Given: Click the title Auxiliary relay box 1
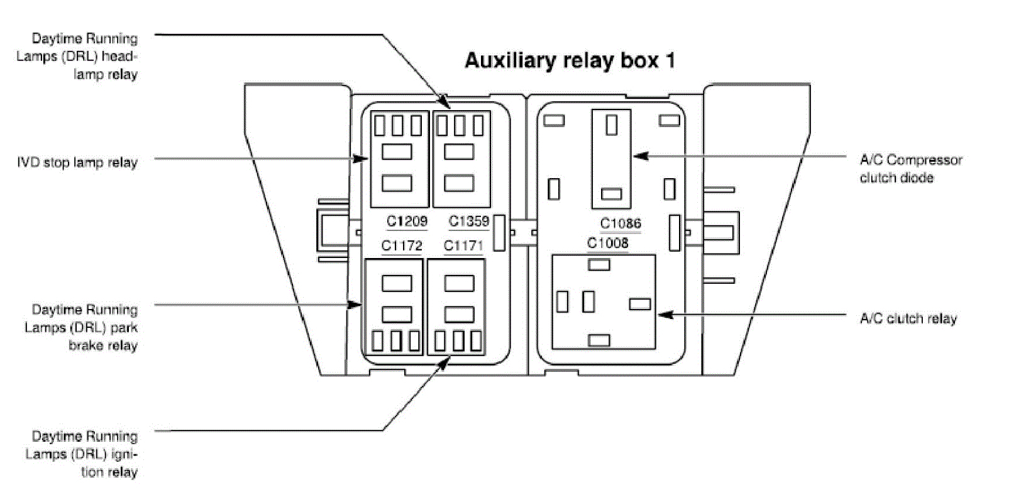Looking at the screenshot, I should pyautogui.click(x=569, y=60).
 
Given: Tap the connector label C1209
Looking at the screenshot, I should pyautogui.click(x=407, y=221).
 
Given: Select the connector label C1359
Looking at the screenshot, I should pyautogui.click(x=468, y=221).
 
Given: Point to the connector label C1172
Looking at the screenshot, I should pyautogui.click(x=402, y=245).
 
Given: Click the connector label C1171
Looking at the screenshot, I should pyautogui.click(x=463, y=245).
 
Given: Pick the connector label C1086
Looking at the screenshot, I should pyautogui.click(x=621, y=223).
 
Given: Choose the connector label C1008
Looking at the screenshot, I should pyautogui.click(x=607, y=243).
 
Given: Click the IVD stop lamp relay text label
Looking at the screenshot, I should pyautogui.click(x=77, y=162).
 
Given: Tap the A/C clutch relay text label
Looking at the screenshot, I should pyautogui.click(x=908, y=318).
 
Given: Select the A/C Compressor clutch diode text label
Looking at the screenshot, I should pyautogui.click(x=910, y=169).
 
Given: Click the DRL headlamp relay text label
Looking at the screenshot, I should pyautogui.click(x=77, y=56).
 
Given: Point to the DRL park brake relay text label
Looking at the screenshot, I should pyautogui.click(x=81, y=327).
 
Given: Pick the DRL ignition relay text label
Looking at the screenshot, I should pyautogui.click(x=81, y=454).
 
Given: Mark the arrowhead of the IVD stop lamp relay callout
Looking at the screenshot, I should pyautogui.click(x=361, y=159).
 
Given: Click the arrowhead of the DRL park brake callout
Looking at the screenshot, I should pyautogui.click(x=356, y=306).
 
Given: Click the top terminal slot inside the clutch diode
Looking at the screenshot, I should pyautogui.click(x=611, y=125).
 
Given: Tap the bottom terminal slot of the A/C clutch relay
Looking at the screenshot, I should pyautogui.click(x=599, y=340).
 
